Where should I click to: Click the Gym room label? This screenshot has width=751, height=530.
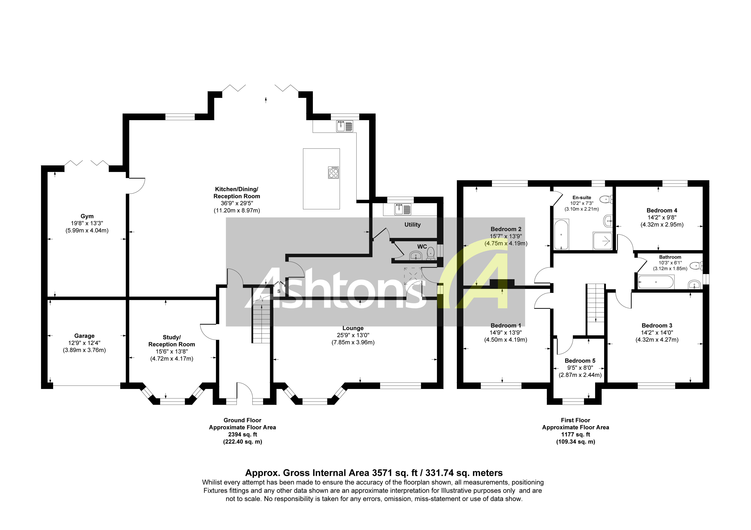click(x=87, y=216)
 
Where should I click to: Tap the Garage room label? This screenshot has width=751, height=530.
click(x=84, y=336)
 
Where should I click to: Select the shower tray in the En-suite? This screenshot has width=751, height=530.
click(x=603, y=241)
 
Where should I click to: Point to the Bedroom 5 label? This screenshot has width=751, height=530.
click(x=580, y=361)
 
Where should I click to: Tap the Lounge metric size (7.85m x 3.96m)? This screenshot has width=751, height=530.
click(x=353, y=342)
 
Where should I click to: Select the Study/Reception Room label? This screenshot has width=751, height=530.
click(x=172, y=341)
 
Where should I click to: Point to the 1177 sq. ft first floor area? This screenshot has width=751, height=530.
click(x=575, y=435)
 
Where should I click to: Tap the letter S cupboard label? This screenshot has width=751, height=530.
click(x=279, y=291)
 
